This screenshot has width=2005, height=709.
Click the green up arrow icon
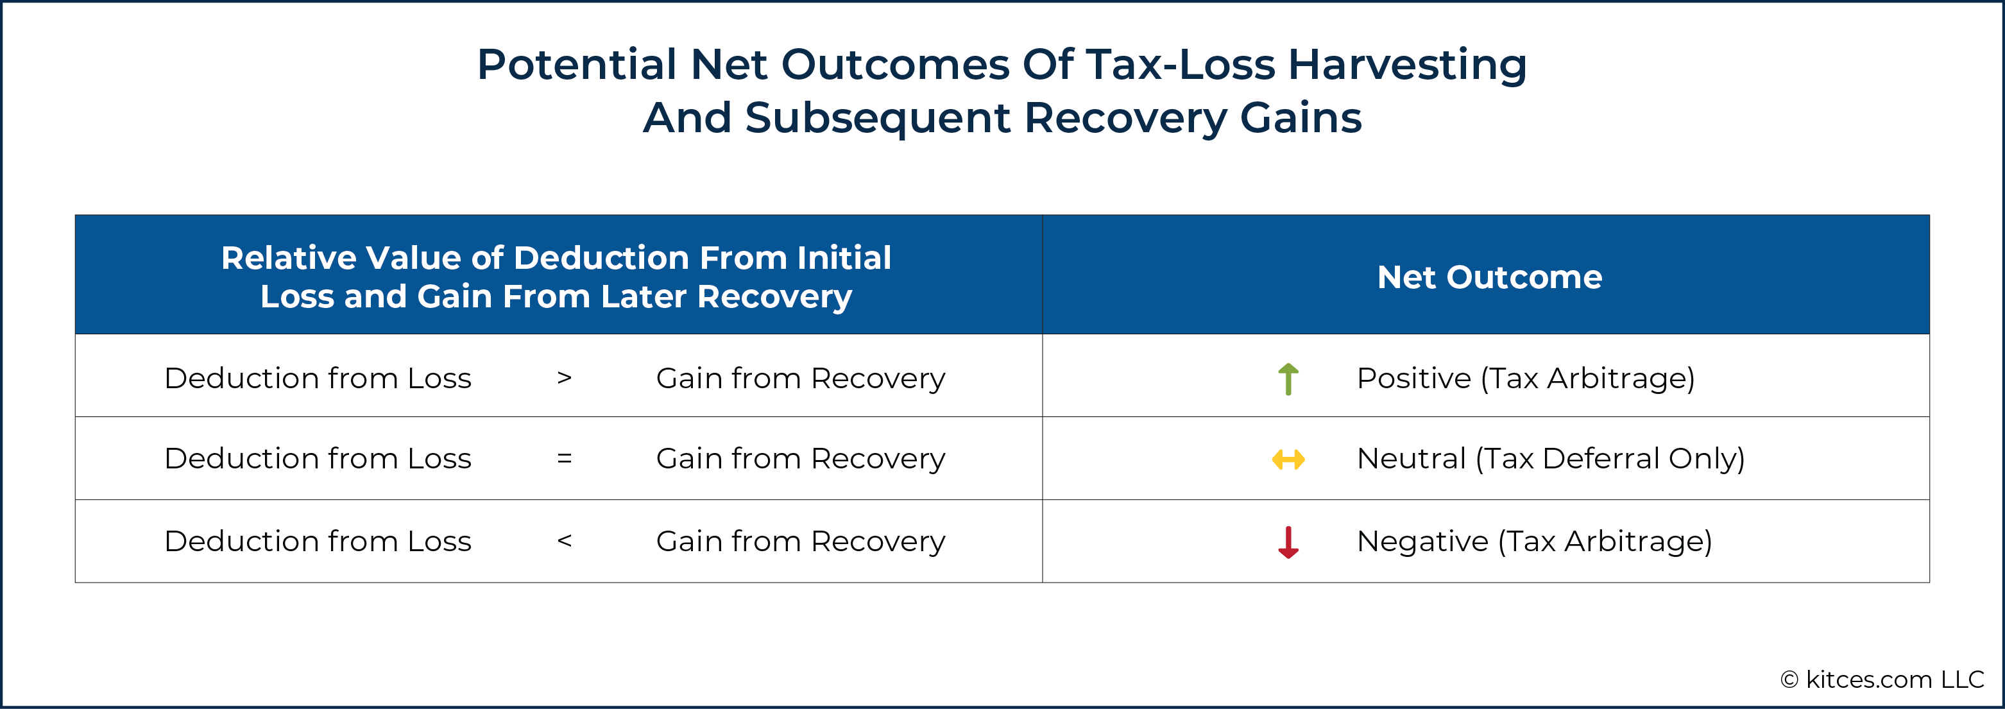click(x=1288, y=379)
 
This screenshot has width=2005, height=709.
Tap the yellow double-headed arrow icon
click(x=1288, y=460)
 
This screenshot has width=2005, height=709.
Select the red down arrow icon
click(x=1288, y=542)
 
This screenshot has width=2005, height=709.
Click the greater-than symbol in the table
click(x=565, y=378)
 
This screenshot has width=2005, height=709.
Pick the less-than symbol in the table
click(x=565, y=541)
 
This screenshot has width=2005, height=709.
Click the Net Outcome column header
click(x=1490, y=277)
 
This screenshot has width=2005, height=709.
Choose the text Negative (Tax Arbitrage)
click(x=1534, y=542)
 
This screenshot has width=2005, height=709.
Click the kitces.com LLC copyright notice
click(x=1882, y=679)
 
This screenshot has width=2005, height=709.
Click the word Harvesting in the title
click(x=1407, y=65)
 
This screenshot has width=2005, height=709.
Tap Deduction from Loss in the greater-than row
click(x=318, y=378)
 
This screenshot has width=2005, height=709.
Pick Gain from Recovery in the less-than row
click(x=800, y=542)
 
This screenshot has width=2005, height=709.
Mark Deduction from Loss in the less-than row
click(x=318, y=541)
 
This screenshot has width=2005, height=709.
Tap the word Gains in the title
click(x=1301, y=118)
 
